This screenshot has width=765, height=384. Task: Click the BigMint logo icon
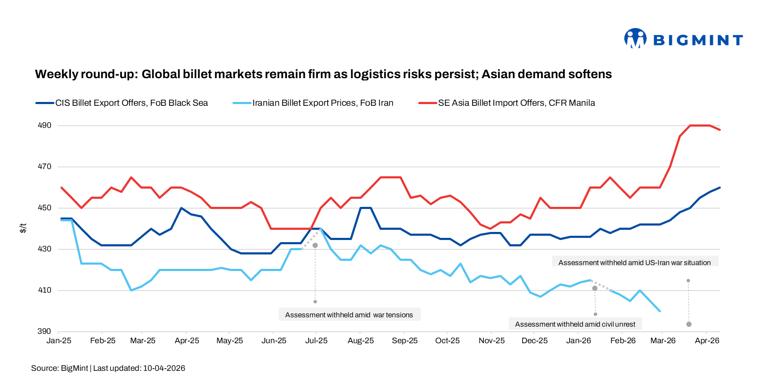(635, 39)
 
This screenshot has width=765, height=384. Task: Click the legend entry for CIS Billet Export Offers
(131, 103)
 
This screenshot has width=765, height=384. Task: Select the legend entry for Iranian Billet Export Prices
(323, 103)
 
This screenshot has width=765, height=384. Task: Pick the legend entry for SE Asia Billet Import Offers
(516, 103)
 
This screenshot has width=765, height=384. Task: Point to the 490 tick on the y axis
(45, 125)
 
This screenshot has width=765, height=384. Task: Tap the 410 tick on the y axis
(45, 290)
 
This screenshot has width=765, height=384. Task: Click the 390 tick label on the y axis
(45, 331)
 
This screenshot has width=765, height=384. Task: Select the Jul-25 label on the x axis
(316, 341)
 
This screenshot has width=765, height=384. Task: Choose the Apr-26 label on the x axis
(707, 341)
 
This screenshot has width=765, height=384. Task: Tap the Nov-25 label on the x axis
(491, 341)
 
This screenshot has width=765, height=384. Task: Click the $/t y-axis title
(23, 228)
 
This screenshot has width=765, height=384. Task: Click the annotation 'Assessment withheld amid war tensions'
(349, 315)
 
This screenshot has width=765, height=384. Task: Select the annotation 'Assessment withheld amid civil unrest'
(575, 324)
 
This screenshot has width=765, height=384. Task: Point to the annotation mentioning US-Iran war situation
(634, 263)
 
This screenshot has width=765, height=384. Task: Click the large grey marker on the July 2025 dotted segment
(315, 246)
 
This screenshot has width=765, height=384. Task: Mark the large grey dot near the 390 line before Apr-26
(689, 324)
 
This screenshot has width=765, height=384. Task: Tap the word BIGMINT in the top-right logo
(698, 40)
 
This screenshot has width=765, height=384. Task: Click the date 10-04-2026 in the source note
(164, 368)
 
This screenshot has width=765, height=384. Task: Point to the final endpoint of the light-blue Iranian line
(660, 311)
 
